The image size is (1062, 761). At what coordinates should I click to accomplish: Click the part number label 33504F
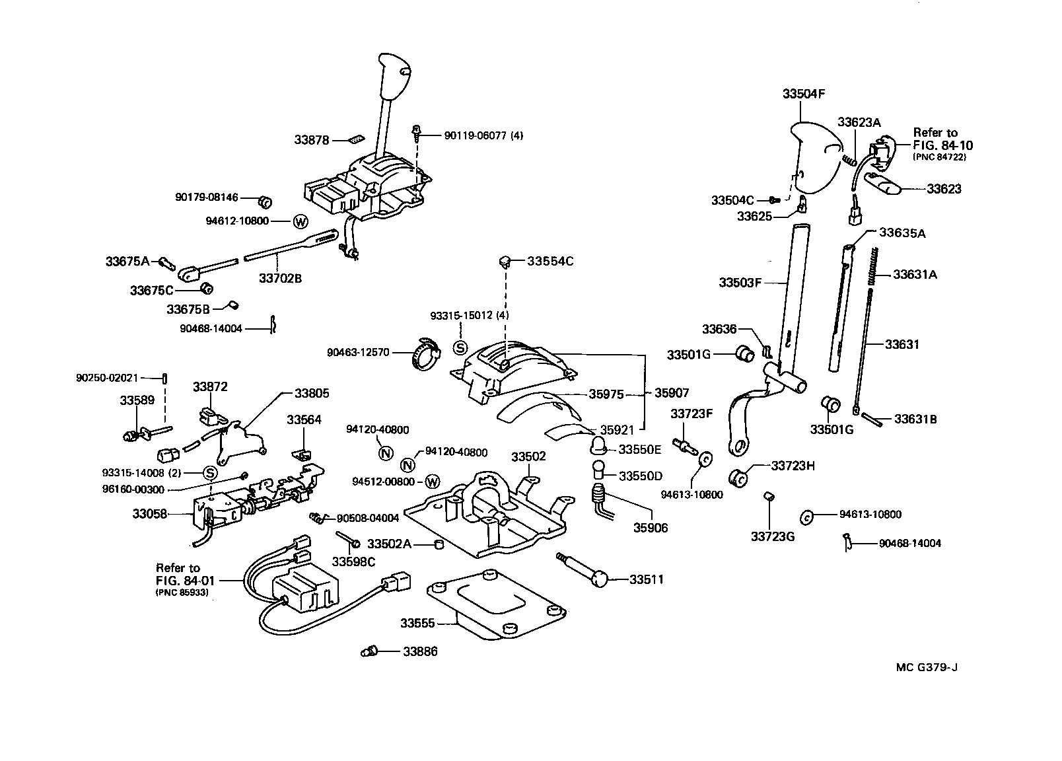tap(804, 94)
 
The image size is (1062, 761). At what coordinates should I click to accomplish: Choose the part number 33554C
tap(550, 261)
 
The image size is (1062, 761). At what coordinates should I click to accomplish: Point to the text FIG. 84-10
tap(943, 145)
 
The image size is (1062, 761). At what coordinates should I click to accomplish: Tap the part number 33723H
tap(793, 466)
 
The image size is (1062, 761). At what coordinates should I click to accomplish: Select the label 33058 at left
tap(150, 514)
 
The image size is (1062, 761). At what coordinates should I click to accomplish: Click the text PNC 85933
tap(182, 593)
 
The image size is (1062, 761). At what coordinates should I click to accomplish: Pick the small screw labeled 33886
tap(369, 652)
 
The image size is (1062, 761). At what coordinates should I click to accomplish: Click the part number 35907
tap(672, 393)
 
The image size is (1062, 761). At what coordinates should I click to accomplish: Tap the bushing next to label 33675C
tap(205, 287)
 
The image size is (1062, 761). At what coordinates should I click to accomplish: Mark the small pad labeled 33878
tap(356, 139)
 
